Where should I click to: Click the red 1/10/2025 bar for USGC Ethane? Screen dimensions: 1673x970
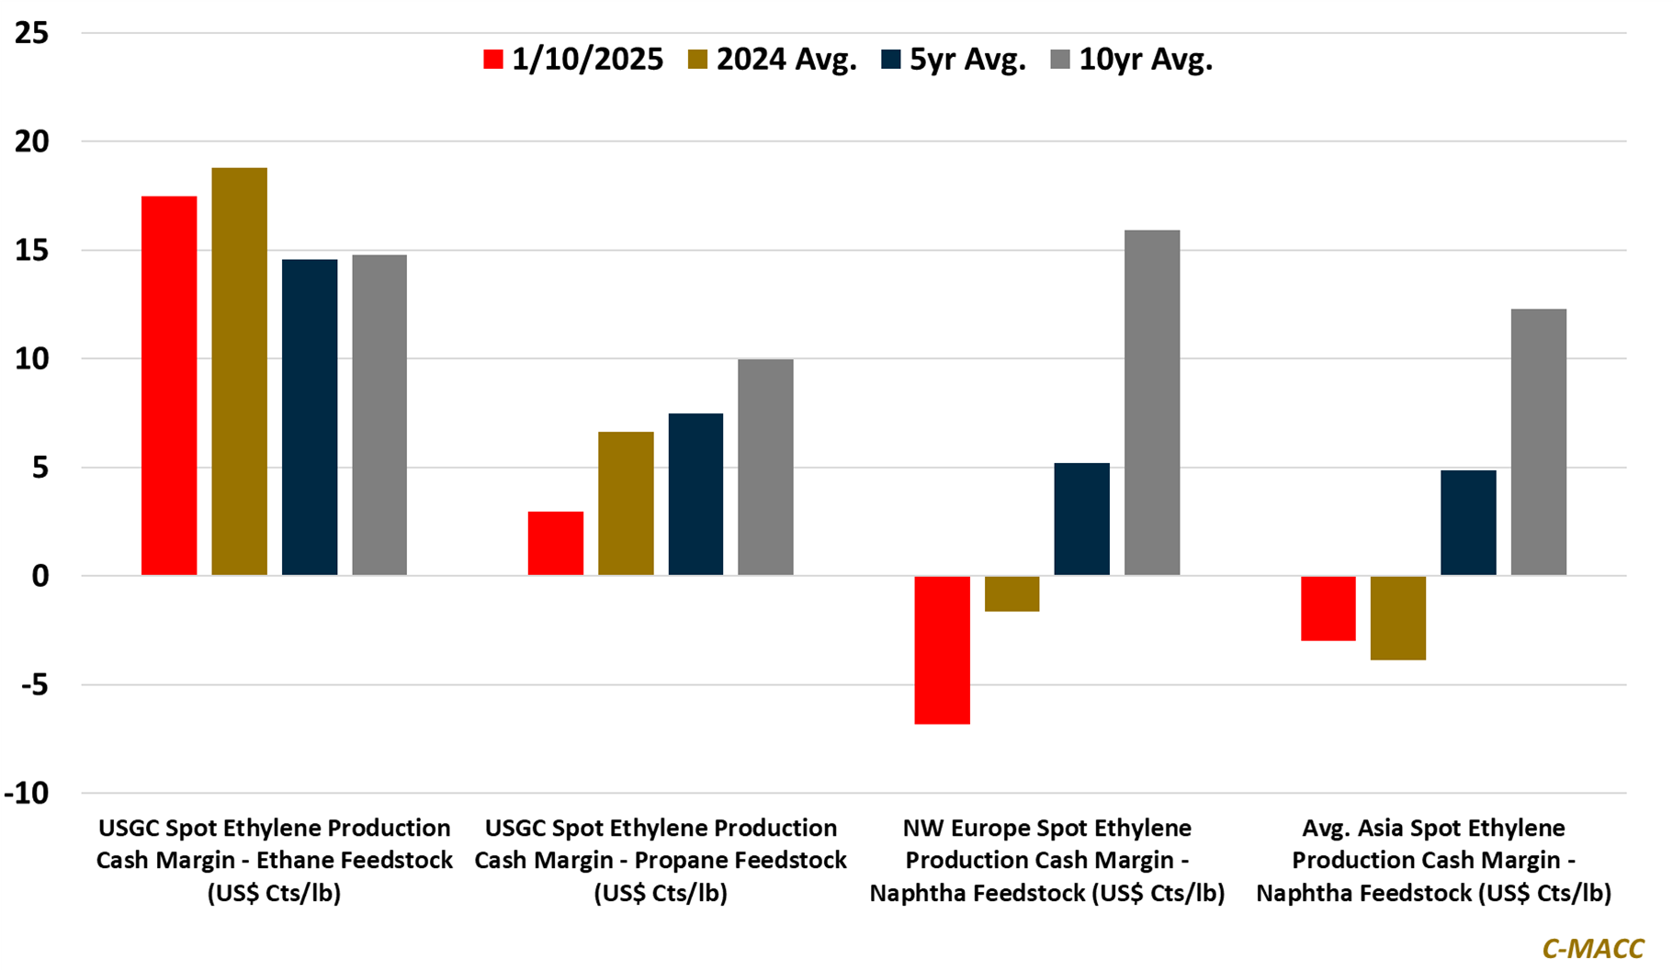click(169, 386)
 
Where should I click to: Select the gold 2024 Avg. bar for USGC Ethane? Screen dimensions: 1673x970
click(240, 372)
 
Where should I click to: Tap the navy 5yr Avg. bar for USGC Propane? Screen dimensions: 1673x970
click(695, 495)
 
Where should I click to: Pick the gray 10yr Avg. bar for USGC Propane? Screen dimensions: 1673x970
click(765, 468)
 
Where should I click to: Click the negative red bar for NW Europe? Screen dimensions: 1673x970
click(942, 650)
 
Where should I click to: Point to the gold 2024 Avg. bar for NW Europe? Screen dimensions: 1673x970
click(1012, 593)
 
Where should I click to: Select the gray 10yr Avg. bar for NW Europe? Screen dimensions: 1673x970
click(1152, 403)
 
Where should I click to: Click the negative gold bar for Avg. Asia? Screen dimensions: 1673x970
click(1398, 618)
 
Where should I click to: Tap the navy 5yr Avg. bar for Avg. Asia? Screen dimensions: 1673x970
click(1468, 524)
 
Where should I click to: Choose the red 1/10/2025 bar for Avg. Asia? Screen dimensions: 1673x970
click(1328, 608)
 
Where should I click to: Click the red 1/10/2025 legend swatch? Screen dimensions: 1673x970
click(493, 60)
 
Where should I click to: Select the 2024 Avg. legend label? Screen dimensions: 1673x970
click(786, 60)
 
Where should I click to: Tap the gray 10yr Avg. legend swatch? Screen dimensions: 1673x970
click(1060, 60)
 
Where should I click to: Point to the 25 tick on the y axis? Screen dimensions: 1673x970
click(32, 34)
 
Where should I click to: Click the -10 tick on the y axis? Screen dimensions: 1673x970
click(27, 794)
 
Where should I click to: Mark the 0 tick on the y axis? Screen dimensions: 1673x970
click(40, 577)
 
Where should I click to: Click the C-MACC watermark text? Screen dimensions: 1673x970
click(1593, 948)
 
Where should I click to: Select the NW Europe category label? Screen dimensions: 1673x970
click(1047, 861)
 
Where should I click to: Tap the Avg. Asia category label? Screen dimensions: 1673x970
click(1434, 861)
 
